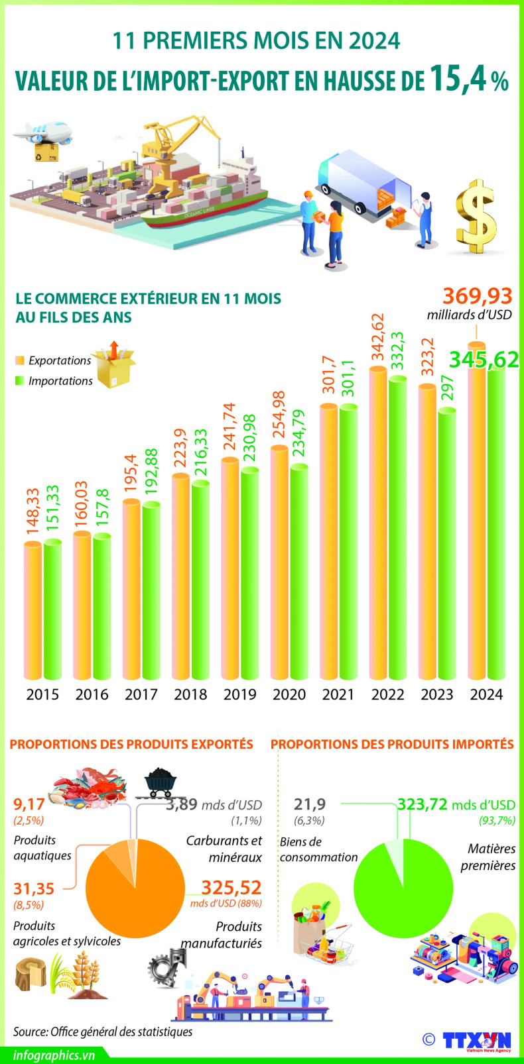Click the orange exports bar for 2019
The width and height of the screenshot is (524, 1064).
230,570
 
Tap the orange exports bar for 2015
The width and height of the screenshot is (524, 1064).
33,610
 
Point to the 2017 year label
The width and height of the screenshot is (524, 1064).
141,694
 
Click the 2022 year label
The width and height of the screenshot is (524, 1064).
387,694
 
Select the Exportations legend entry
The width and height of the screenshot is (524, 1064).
53,360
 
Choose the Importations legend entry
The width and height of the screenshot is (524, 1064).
54,381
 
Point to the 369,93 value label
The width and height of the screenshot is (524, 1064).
478,295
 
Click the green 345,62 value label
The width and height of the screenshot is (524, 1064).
484,359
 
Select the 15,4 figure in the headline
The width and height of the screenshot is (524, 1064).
460,78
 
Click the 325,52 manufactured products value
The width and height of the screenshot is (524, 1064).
231,887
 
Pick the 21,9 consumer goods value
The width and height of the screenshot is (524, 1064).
310,804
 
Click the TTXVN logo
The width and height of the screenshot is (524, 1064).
478,1040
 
